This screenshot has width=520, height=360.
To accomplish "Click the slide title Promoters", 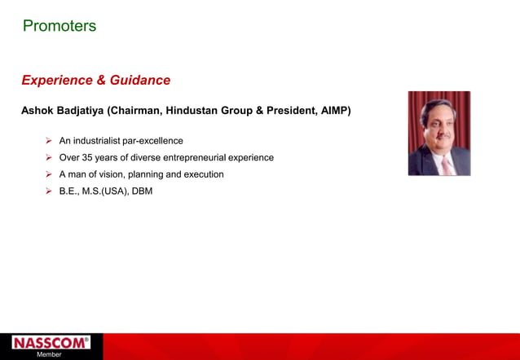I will pos(59,26).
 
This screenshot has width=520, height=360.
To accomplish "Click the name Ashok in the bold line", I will pos(38,111).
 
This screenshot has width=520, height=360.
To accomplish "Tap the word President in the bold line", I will pos(285,111).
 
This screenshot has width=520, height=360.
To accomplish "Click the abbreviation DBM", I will pos(142,191).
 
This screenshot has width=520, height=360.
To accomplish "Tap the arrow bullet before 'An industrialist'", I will pos(49,141).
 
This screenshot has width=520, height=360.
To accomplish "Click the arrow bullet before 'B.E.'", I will pos(49,191).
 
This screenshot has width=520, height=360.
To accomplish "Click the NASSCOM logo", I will pos(51,343).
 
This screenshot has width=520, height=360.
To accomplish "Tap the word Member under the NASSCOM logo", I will pos(49,355).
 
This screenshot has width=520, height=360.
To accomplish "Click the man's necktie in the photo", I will pos(446,165).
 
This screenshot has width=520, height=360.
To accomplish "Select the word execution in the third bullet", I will pos(202,174).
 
